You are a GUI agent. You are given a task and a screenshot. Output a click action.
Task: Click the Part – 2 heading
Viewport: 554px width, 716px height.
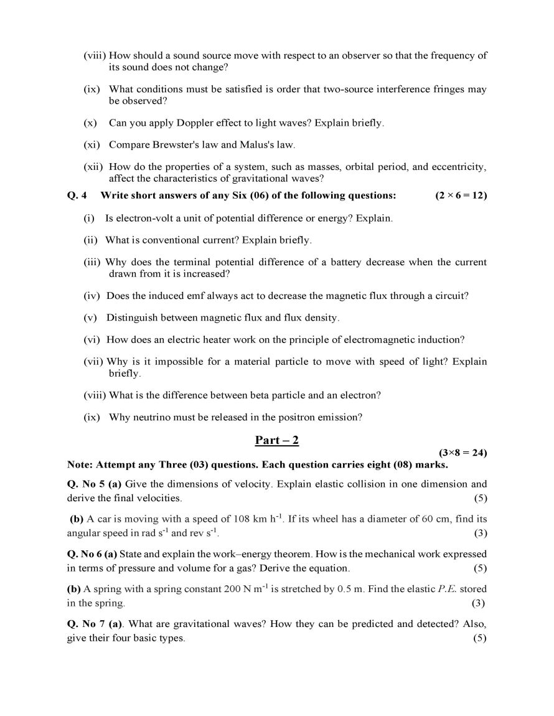tap(277, 440)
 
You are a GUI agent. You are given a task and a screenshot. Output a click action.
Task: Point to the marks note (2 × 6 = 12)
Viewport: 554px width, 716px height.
tap(461, 195)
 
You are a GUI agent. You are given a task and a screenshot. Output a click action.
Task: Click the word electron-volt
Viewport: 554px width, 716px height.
tap(145, 219)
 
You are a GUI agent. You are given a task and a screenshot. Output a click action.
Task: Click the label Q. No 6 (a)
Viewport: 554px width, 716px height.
tap(92, 553)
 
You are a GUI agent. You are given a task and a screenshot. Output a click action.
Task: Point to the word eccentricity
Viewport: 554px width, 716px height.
tap(459, 167)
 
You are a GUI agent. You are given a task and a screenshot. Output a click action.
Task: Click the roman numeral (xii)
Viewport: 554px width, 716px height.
tap(94, 167)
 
